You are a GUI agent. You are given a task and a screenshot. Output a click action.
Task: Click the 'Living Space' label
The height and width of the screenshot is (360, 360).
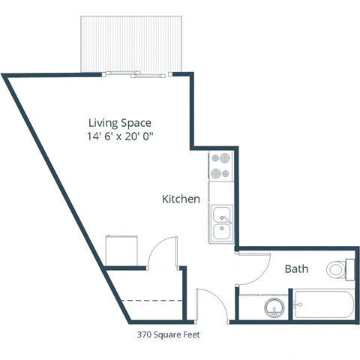tap(120, 123)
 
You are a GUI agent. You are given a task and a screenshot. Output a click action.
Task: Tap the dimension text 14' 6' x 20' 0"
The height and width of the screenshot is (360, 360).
tap(124, 137)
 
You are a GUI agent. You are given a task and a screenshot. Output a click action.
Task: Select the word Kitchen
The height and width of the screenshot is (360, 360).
tap(181, 199)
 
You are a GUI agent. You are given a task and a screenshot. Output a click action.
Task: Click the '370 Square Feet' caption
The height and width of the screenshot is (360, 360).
tap(168, 334)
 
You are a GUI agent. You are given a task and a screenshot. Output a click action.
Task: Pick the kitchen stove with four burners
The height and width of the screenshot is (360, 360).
tap(221, 166)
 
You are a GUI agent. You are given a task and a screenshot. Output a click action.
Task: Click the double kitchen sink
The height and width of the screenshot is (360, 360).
tap(222, 223)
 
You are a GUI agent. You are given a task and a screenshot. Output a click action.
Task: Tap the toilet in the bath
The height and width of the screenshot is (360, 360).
tap(340, 268)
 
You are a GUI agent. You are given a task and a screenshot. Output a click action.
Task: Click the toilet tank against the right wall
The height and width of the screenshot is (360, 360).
tap(350, 268)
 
